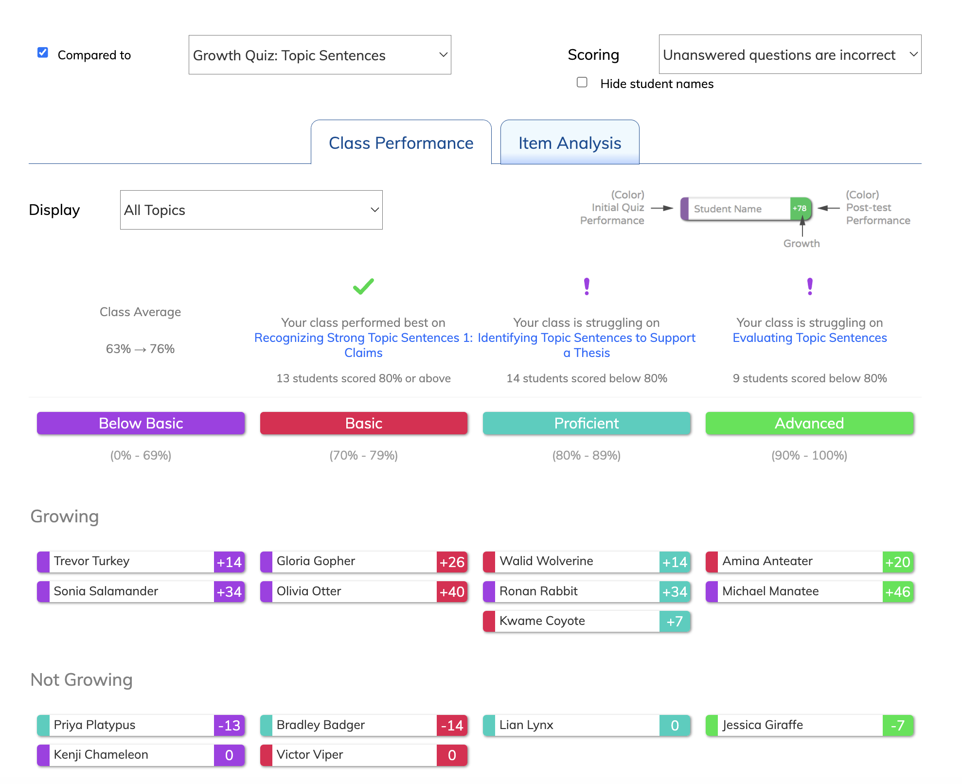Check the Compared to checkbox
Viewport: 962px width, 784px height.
coord(43,53)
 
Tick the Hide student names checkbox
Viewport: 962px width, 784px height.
coord(582,82)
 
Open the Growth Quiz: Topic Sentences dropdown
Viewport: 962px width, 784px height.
coord(320,55)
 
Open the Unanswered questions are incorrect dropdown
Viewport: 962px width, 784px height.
coord(790,54)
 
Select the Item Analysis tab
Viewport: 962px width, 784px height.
coord(570,143)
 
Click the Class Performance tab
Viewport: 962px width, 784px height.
coord(401,143)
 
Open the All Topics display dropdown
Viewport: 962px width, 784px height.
coord(251,210)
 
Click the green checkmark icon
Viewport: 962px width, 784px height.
coord(363,286)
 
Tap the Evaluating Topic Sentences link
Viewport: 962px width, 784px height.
coord(810,338)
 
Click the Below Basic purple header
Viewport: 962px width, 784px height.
coord(141,423)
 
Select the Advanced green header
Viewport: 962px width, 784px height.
coord(810,423)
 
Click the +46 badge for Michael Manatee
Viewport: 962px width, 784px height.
coord(898,592)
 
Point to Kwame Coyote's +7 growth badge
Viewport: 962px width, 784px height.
coord(675,622)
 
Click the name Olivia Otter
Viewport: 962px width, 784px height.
coord(309,591)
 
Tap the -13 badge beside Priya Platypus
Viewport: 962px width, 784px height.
coord(229,726)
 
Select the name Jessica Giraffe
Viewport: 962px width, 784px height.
coord(763,725)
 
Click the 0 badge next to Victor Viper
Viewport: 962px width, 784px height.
coord(452,755)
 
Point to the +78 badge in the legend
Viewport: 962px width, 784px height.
coord(800,209)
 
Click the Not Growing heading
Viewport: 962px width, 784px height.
coord(82,680)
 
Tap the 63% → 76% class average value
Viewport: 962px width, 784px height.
coord(140,349)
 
